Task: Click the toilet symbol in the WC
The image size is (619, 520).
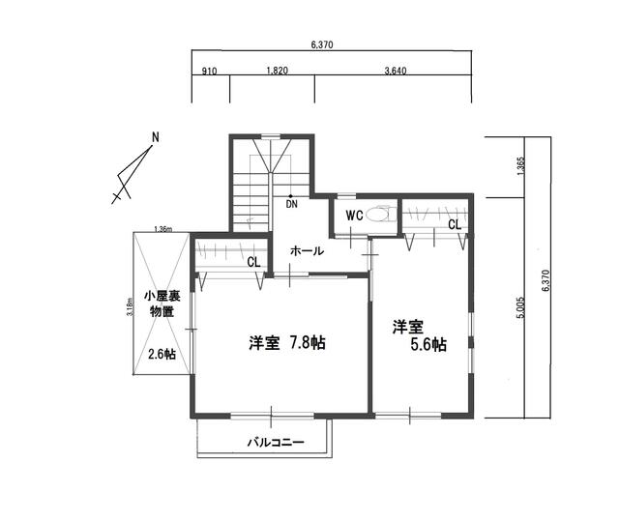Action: [x=381, y=215]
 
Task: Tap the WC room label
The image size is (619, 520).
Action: [x=354, y=216]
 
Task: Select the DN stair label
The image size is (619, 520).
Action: [x=291, y=204]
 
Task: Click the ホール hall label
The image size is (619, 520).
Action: [x=307, y=251]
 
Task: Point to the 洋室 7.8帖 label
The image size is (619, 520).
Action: [x=287, y=342]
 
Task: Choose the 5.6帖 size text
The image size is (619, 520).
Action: [x=428, y=344]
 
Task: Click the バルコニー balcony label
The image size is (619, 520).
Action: [x=276, y=442]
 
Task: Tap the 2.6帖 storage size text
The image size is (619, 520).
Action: [x=162, y=354]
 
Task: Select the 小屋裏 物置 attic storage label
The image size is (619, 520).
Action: [x=162, y=303]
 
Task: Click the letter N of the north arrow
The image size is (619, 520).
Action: [x=156, y=137]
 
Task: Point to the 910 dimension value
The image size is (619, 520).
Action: [x=209, y=71]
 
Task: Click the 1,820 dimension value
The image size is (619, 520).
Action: [x=278, y=71]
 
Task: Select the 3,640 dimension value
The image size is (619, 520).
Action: [x=396, y=71]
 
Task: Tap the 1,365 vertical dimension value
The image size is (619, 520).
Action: [x=520, y=166]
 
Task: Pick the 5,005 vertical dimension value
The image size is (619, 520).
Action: [x=520, y=307]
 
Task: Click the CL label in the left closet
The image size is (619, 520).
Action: [x=253, y=262]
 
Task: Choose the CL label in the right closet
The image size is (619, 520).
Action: [x=455, y=225]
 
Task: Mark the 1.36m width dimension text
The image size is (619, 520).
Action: [x=162, y=229]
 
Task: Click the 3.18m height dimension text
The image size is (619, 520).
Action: [x=130, y=307]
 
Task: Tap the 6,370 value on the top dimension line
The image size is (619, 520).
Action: [x=322, y=45]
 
